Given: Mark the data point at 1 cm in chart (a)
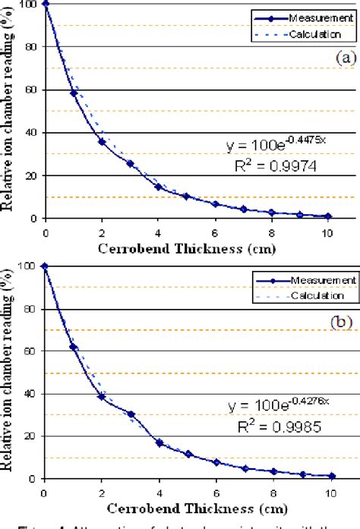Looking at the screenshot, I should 74,93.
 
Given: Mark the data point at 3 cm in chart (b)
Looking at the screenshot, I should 131,414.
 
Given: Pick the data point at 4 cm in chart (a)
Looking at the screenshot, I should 159,187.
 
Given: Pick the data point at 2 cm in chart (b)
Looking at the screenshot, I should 102,396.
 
